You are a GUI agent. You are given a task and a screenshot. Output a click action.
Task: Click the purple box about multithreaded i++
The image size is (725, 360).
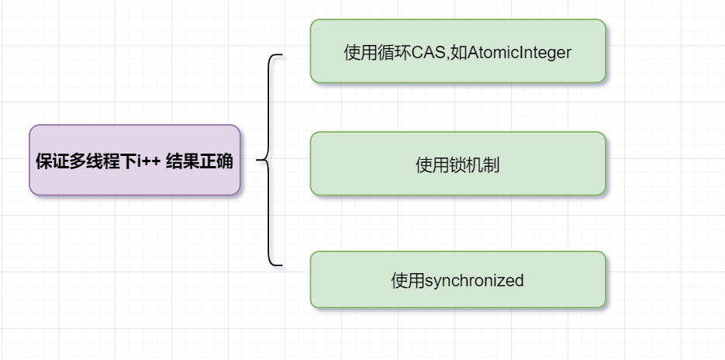pos(135,161)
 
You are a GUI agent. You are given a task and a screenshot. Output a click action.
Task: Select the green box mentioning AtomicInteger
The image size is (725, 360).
pos(457,51)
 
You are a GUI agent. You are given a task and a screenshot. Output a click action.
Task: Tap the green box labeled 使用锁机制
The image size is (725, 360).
pos(457,164)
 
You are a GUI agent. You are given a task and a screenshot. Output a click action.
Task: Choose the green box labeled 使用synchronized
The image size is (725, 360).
pos(457,279)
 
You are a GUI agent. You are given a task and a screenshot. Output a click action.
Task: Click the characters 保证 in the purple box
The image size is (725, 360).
pos(50,161)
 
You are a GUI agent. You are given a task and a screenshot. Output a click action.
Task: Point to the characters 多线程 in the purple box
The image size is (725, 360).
pos(90,161)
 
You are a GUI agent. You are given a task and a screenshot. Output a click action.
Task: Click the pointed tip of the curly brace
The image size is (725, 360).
pos(257,161)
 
